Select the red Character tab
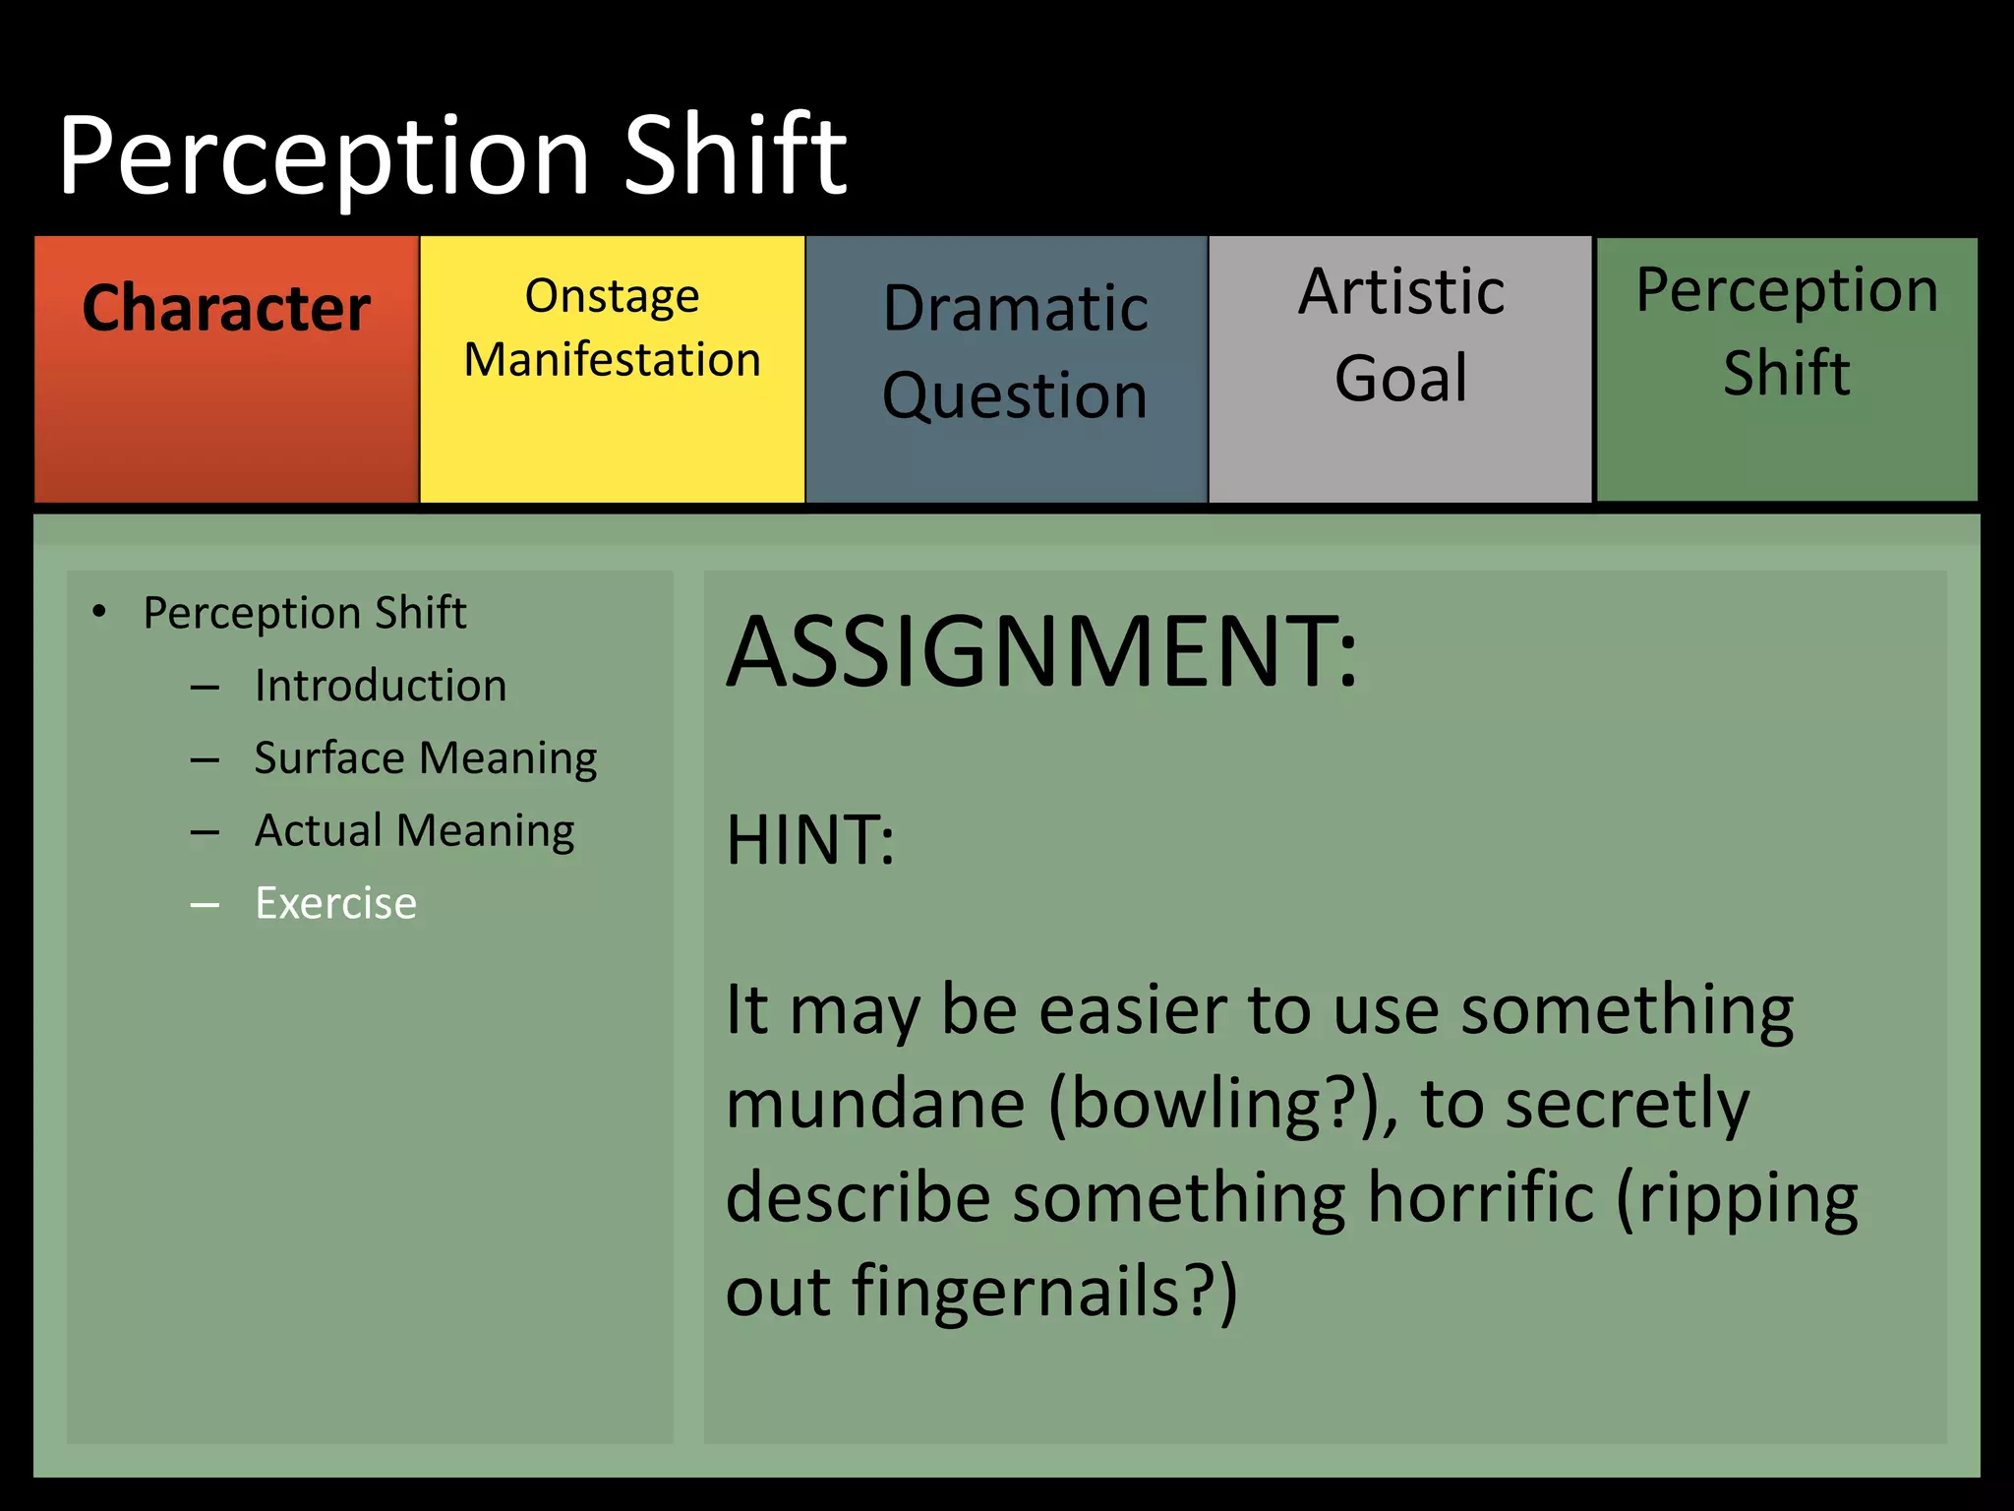click(x=226, y=369)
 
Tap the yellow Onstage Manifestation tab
click(x=612, y=369)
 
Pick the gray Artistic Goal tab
click(x=1400, y=369)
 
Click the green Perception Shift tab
click(x=1787, y=369)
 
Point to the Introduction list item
click(x=380, y=686)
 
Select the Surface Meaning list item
click(x=425, y=758)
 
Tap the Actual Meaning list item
click(x=414, y=831)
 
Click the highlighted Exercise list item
click(x=335, y=903)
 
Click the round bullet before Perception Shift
click(x=98, y=613)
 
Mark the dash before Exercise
click(x=205, y=904)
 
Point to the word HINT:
click(x=810, y=841)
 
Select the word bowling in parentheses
click(x=1194, y=1105)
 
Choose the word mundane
click(x=875, y=1105)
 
